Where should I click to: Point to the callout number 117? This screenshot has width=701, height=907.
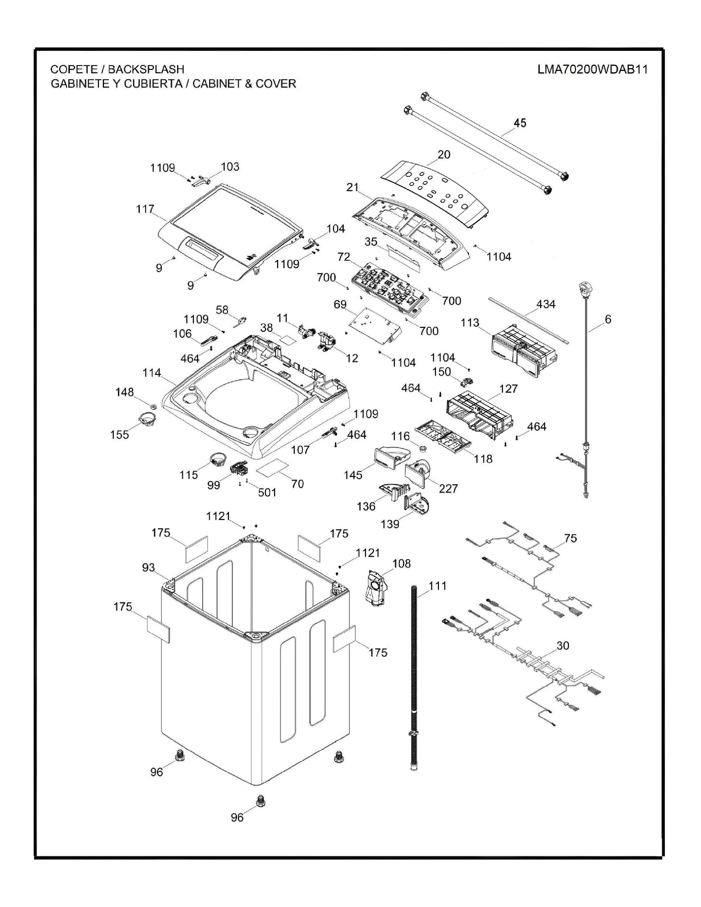pyautogui.click(x=145, y=209)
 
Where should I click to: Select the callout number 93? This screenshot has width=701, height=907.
pyautogui.click(x=148, y=567)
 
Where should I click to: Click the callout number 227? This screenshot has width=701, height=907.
pyautogui.click(x=449, y=489)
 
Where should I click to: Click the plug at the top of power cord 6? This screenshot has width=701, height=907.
pyautogui.click(x=585, y=289)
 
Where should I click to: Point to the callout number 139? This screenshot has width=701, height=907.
pyautogui.click(x=390, y=524)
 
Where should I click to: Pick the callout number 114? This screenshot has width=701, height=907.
pyautogui.click(x=151, y=373)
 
